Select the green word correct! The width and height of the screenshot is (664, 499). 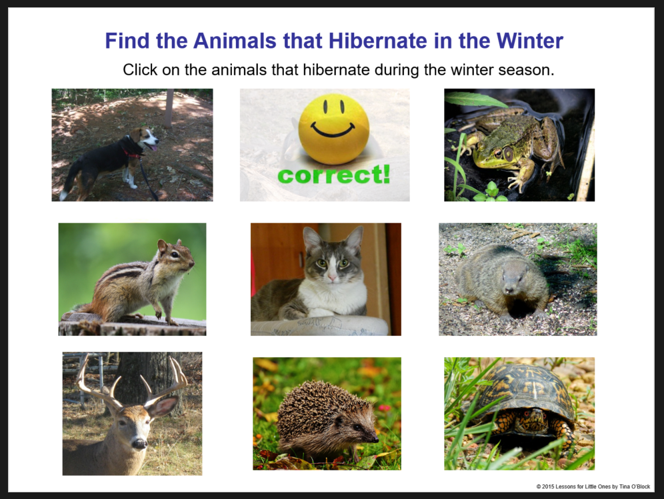point(333,176)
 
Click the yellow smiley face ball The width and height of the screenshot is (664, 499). point(333,129)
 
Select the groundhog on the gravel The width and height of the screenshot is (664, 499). point(501,280)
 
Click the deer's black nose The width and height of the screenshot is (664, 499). point(139,443)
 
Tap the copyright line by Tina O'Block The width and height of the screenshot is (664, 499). point(593,487)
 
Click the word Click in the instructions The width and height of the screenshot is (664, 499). point(141,70)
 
